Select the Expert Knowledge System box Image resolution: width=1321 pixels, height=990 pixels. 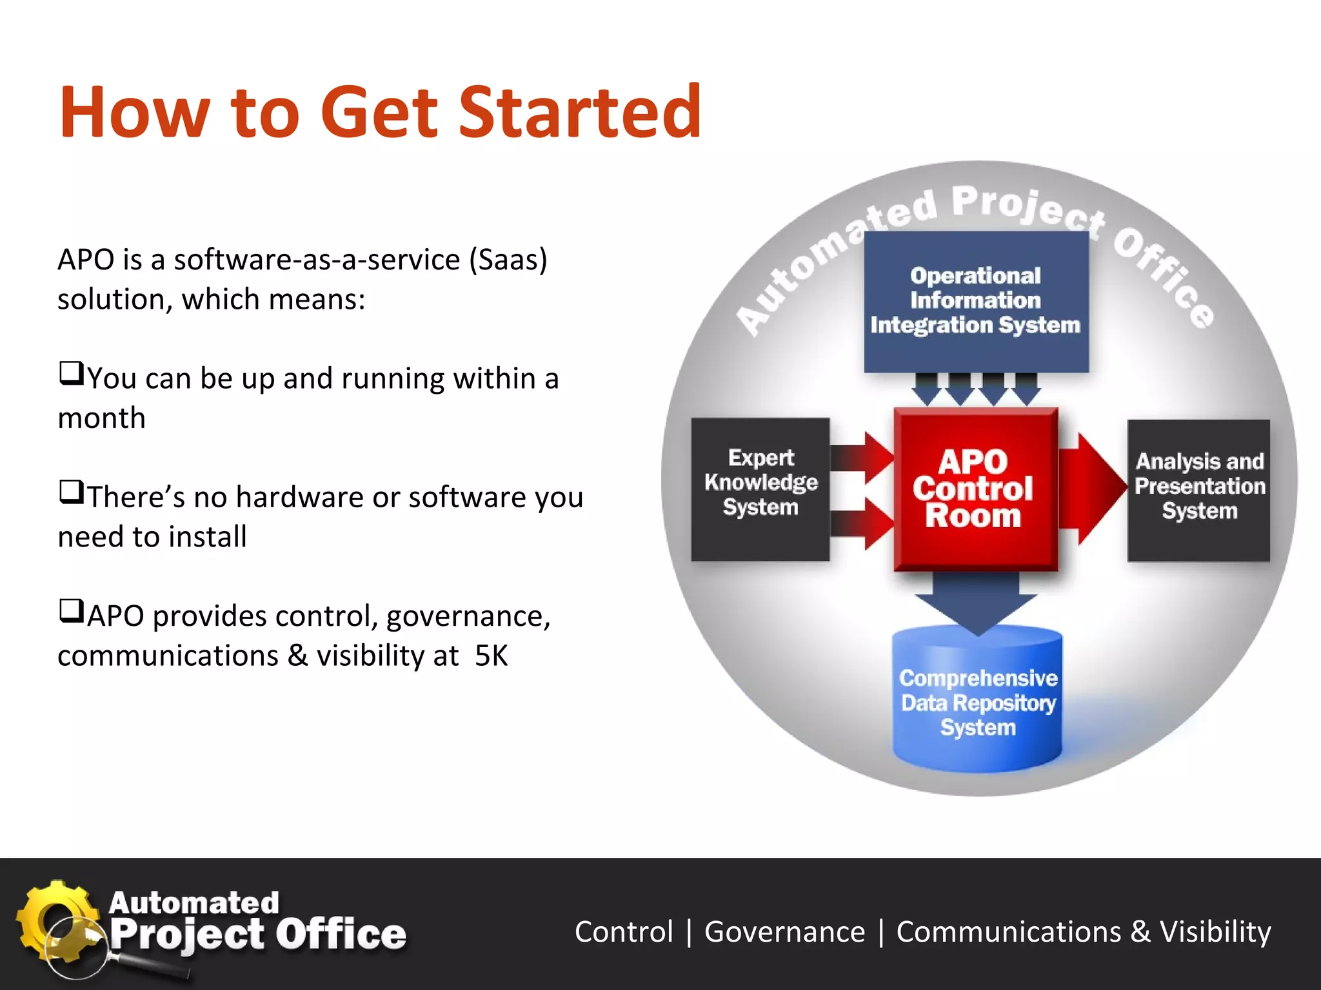(760, 489)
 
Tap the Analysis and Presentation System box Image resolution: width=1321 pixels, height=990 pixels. (1198, 490)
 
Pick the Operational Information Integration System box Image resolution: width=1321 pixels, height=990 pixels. (975, 301)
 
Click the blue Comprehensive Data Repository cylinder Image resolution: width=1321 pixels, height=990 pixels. (977, 703)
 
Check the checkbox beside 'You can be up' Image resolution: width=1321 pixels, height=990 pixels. (71, 373)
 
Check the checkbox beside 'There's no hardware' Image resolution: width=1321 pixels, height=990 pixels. (71, 492)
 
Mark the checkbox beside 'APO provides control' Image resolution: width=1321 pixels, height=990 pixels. (71, 611)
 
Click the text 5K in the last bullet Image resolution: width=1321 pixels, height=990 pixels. (491, 656)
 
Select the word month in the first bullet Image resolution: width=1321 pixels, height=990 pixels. (101, 418)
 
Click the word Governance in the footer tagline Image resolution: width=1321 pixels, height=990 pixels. (784, 932)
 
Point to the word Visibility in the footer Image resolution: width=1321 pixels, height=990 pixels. (1215, 932)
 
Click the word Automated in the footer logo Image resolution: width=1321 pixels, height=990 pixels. (194, 902)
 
